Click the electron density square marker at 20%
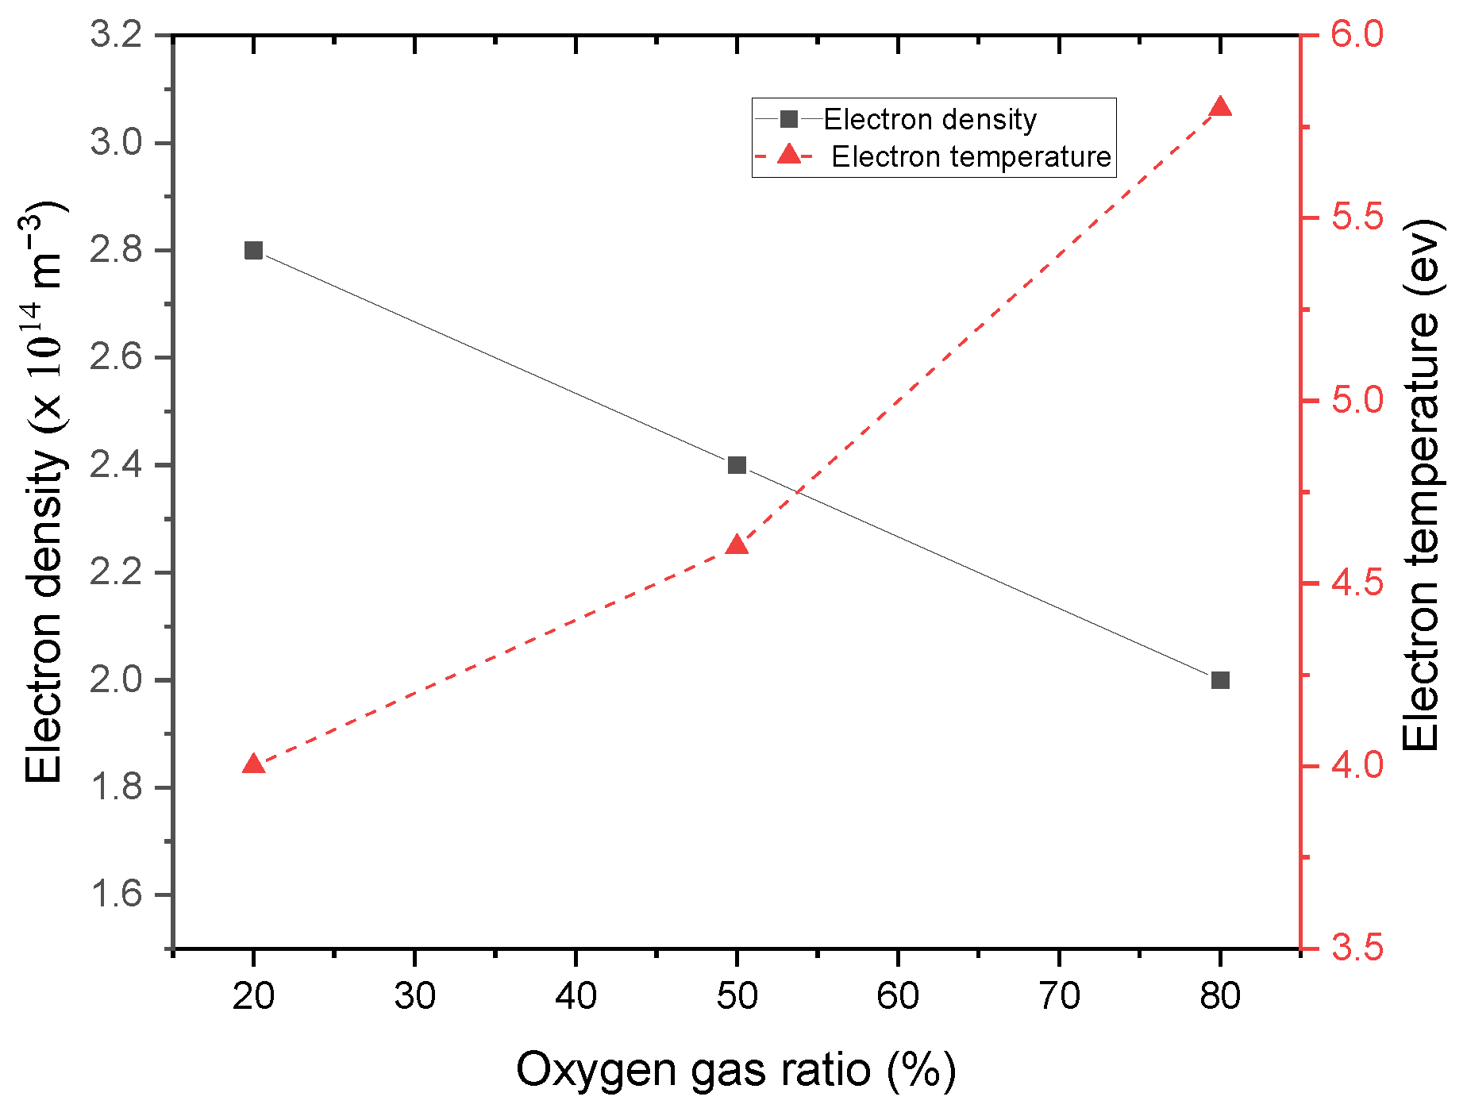[253, 250]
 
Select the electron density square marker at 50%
[737, 465]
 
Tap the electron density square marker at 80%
[1220, 680]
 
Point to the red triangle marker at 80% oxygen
[1220, 108]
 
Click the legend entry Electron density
[930, 120]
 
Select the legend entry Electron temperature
[970, 157]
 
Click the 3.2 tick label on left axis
[116, 36]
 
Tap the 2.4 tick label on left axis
[116, 465]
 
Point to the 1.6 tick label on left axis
[116, 895]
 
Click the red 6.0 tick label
[1357, 36]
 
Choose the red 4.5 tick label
[1357, 583]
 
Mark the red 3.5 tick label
[1357, 948]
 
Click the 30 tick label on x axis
[414, 996]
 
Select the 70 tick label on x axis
[1059, 996]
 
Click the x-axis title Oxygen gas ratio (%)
[736, 1069]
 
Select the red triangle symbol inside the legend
[789, 155]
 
